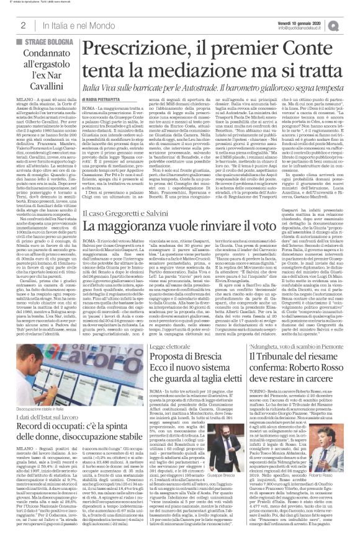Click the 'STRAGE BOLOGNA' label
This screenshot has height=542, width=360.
(55, 42)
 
